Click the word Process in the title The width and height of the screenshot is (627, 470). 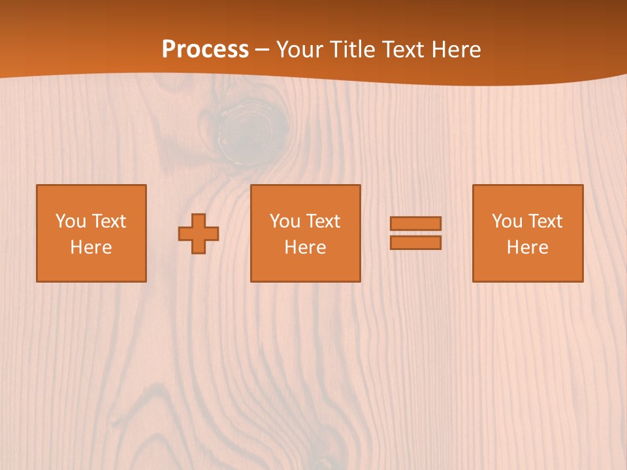[205, 49]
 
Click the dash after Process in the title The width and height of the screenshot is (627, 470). [263, 50]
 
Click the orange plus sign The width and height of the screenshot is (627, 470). [199, 234]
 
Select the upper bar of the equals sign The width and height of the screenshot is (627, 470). [415, 223]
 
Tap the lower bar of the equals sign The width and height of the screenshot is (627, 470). [415, 242]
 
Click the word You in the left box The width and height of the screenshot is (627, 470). [70, 221]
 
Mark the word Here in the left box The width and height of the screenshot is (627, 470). [91, 247]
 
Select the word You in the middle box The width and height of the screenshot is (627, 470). [284, 221]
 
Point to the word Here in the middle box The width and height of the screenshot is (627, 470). [305, 247]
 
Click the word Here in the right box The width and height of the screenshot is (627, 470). [527, 247]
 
